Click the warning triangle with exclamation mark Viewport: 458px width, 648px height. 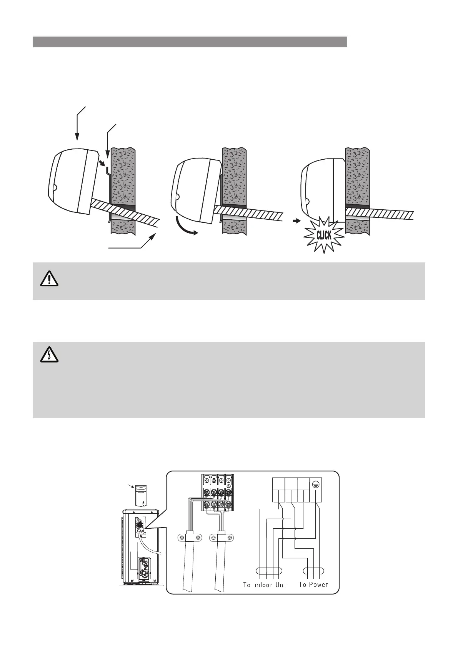(49, 279)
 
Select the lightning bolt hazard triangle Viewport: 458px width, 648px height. (49, 356)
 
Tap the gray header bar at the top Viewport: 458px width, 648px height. (190, 42)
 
